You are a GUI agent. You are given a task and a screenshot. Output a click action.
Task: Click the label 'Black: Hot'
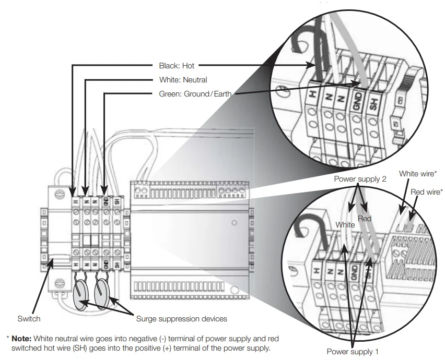pyautogui.click(x=177, y=66)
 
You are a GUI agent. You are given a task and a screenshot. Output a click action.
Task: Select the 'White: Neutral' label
pyautogui.click(x=183, y=80)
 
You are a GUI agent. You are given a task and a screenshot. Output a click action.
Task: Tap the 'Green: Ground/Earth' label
pyautogui.click(x=195, y=94)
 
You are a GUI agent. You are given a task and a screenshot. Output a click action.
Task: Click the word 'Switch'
pyautogui.click(x=29, y=319)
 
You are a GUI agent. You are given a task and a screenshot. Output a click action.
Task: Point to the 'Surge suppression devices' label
pyautogui.click(x=182, y=319)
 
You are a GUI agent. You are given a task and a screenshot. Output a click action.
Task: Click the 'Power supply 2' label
pyautogui.click(x=360, y=179)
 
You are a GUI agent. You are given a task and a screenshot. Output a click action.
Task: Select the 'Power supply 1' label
pyautogui.click(x=353, y=352)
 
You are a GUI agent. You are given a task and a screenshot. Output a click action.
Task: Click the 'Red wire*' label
pyautogui.click(x=427, y=192)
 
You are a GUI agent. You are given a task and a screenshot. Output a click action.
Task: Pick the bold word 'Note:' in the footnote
pyautogui.click(x=21, y=339)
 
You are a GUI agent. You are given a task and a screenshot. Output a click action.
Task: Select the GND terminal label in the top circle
pyautogui.click(x=358, y=101)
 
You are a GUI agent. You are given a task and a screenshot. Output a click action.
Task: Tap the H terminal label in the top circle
pyautogui.click(x=313, y=94)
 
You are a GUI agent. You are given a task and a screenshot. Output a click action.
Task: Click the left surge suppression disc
pyautogui.click(x=80, y=294)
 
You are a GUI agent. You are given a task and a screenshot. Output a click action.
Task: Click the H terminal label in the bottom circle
pyautogui.click(x=317, y=270)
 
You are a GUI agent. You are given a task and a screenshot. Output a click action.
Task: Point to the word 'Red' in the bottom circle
pyautogui.click(x=365, y=219)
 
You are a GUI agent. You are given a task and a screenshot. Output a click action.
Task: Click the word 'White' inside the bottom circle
pyautogui.click(x=345, y=225)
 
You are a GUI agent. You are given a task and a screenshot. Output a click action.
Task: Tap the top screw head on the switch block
pyautogui.click(x=60, y=194)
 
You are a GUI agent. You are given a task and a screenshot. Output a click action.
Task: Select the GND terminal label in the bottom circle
pyautogui.click(x=355, y=272)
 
